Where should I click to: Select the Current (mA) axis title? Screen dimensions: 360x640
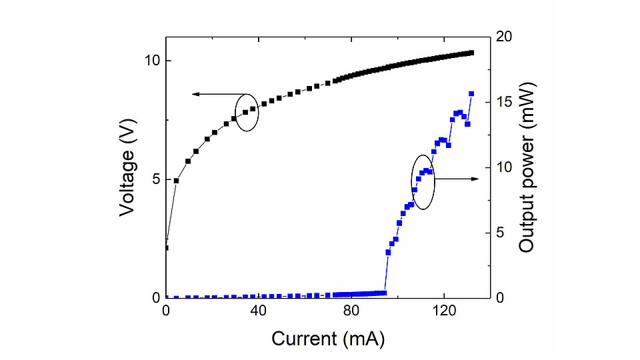[x=328, y=339]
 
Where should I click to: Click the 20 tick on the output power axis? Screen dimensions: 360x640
[x=505, y=37]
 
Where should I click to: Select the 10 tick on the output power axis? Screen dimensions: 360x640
[x=505, y=167]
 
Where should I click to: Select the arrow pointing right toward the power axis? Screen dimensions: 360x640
[x=475, y=179]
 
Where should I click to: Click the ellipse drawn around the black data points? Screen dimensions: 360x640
[x=247, y=111]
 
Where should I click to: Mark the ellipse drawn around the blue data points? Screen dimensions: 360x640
[x=423, y=183]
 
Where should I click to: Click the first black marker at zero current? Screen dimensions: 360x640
[x=166, y=248]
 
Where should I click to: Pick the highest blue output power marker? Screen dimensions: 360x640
[x=471, y=94]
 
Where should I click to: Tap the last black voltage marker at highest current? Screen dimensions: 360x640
[x=471, y=53]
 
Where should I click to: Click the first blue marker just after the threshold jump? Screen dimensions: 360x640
[x=388, y=252]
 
